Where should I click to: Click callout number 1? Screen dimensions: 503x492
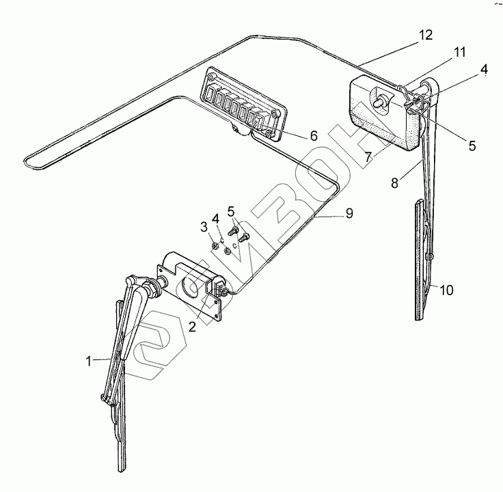coord(88,361)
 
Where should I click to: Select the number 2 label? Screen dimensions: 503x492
coord(193,327)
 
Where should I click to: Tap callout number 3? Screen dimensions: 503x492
coord(204,226)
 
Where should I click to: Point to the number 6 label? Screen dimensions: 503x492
coord(313,135)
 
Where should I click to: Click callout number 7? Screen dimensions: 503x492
coord(369,156)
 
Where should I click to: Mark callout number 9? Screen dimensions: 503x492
coord(349,213)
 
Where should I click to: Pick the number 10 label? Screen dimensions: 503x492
coord(446,290)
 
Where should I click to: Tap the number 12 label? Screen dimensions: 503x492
coord(426,36)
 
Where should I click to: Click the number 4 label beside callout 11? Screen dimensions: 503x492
coord(484,69)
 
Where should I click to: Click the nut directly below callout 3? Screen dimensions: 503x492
coord(215,243)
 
